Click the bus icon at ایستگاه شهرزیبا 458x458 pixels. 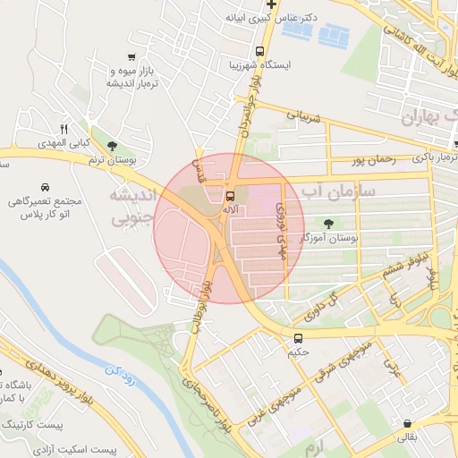pos(259,51)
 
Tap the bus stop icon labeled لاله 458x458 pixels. pos(231,195)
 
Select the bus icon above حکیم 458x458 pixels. pos(298,338)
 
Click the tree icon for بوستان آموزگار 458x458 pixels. pos(329,225)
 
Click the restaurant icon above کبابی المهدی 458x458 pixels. pos(63,128)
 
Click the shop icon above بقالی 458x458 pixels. pos(408,424)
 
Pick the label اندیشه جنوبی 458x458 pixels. pos(131,205)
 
